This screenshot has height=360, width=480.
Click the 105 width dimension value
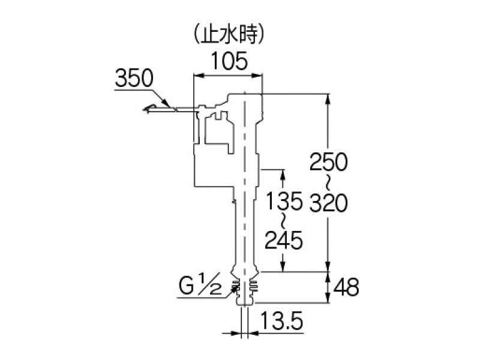[x=228, y=61]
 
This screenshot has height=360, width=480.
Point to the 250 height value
[x=329, y=163]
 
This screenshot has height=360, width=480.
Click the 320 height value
[x=329, y=204]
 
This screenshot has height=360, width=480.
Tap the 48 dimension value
[x=347, y=288]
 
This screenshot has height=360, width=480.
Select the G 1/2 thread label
[x=204, y=286]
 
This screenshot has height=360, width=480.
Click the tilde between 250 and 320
[x=329, y=183]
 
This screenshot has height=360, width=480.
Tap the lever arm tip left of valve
[x=148, y=109]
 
